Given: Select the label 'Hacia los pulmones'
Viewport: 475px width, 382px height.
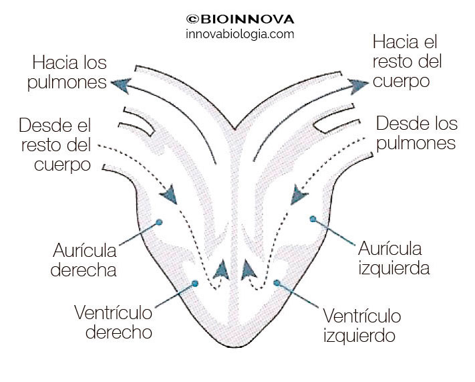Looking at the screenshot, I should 69,74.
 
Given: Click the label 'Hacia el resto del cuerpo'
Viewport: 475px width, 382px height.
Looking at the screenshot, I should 406,62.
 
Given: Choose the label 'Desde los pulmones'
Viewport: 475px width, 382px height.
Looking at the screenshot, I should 416,133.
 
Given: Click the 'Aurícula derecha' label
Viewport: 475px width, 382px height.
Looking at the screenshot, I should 84,260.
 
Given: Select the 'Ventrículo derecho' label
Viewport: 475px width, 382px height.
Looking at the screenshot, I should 113,322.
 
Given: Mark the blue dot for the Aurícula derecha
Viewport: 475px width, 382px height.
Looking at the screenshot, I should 159,221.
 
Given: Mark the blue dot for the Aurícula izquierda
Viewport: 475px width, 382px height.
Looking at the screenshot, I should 312,218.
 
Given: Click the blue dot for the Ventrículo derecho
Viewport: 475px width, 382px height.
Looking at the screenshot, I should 195,284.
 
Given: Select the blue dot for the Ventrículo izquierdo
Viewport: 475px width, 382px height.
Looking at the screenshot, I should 276,283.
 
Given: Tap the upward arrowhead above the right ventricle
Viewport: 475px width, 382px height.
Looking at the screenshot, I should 220,269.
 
